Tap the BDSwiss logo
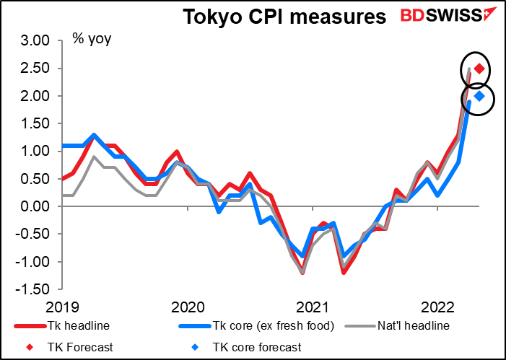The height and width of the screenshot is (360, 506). click(x=448, y=16)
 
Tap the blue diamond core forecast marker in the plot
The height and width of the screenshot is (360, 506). click(x=479, y=96)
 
